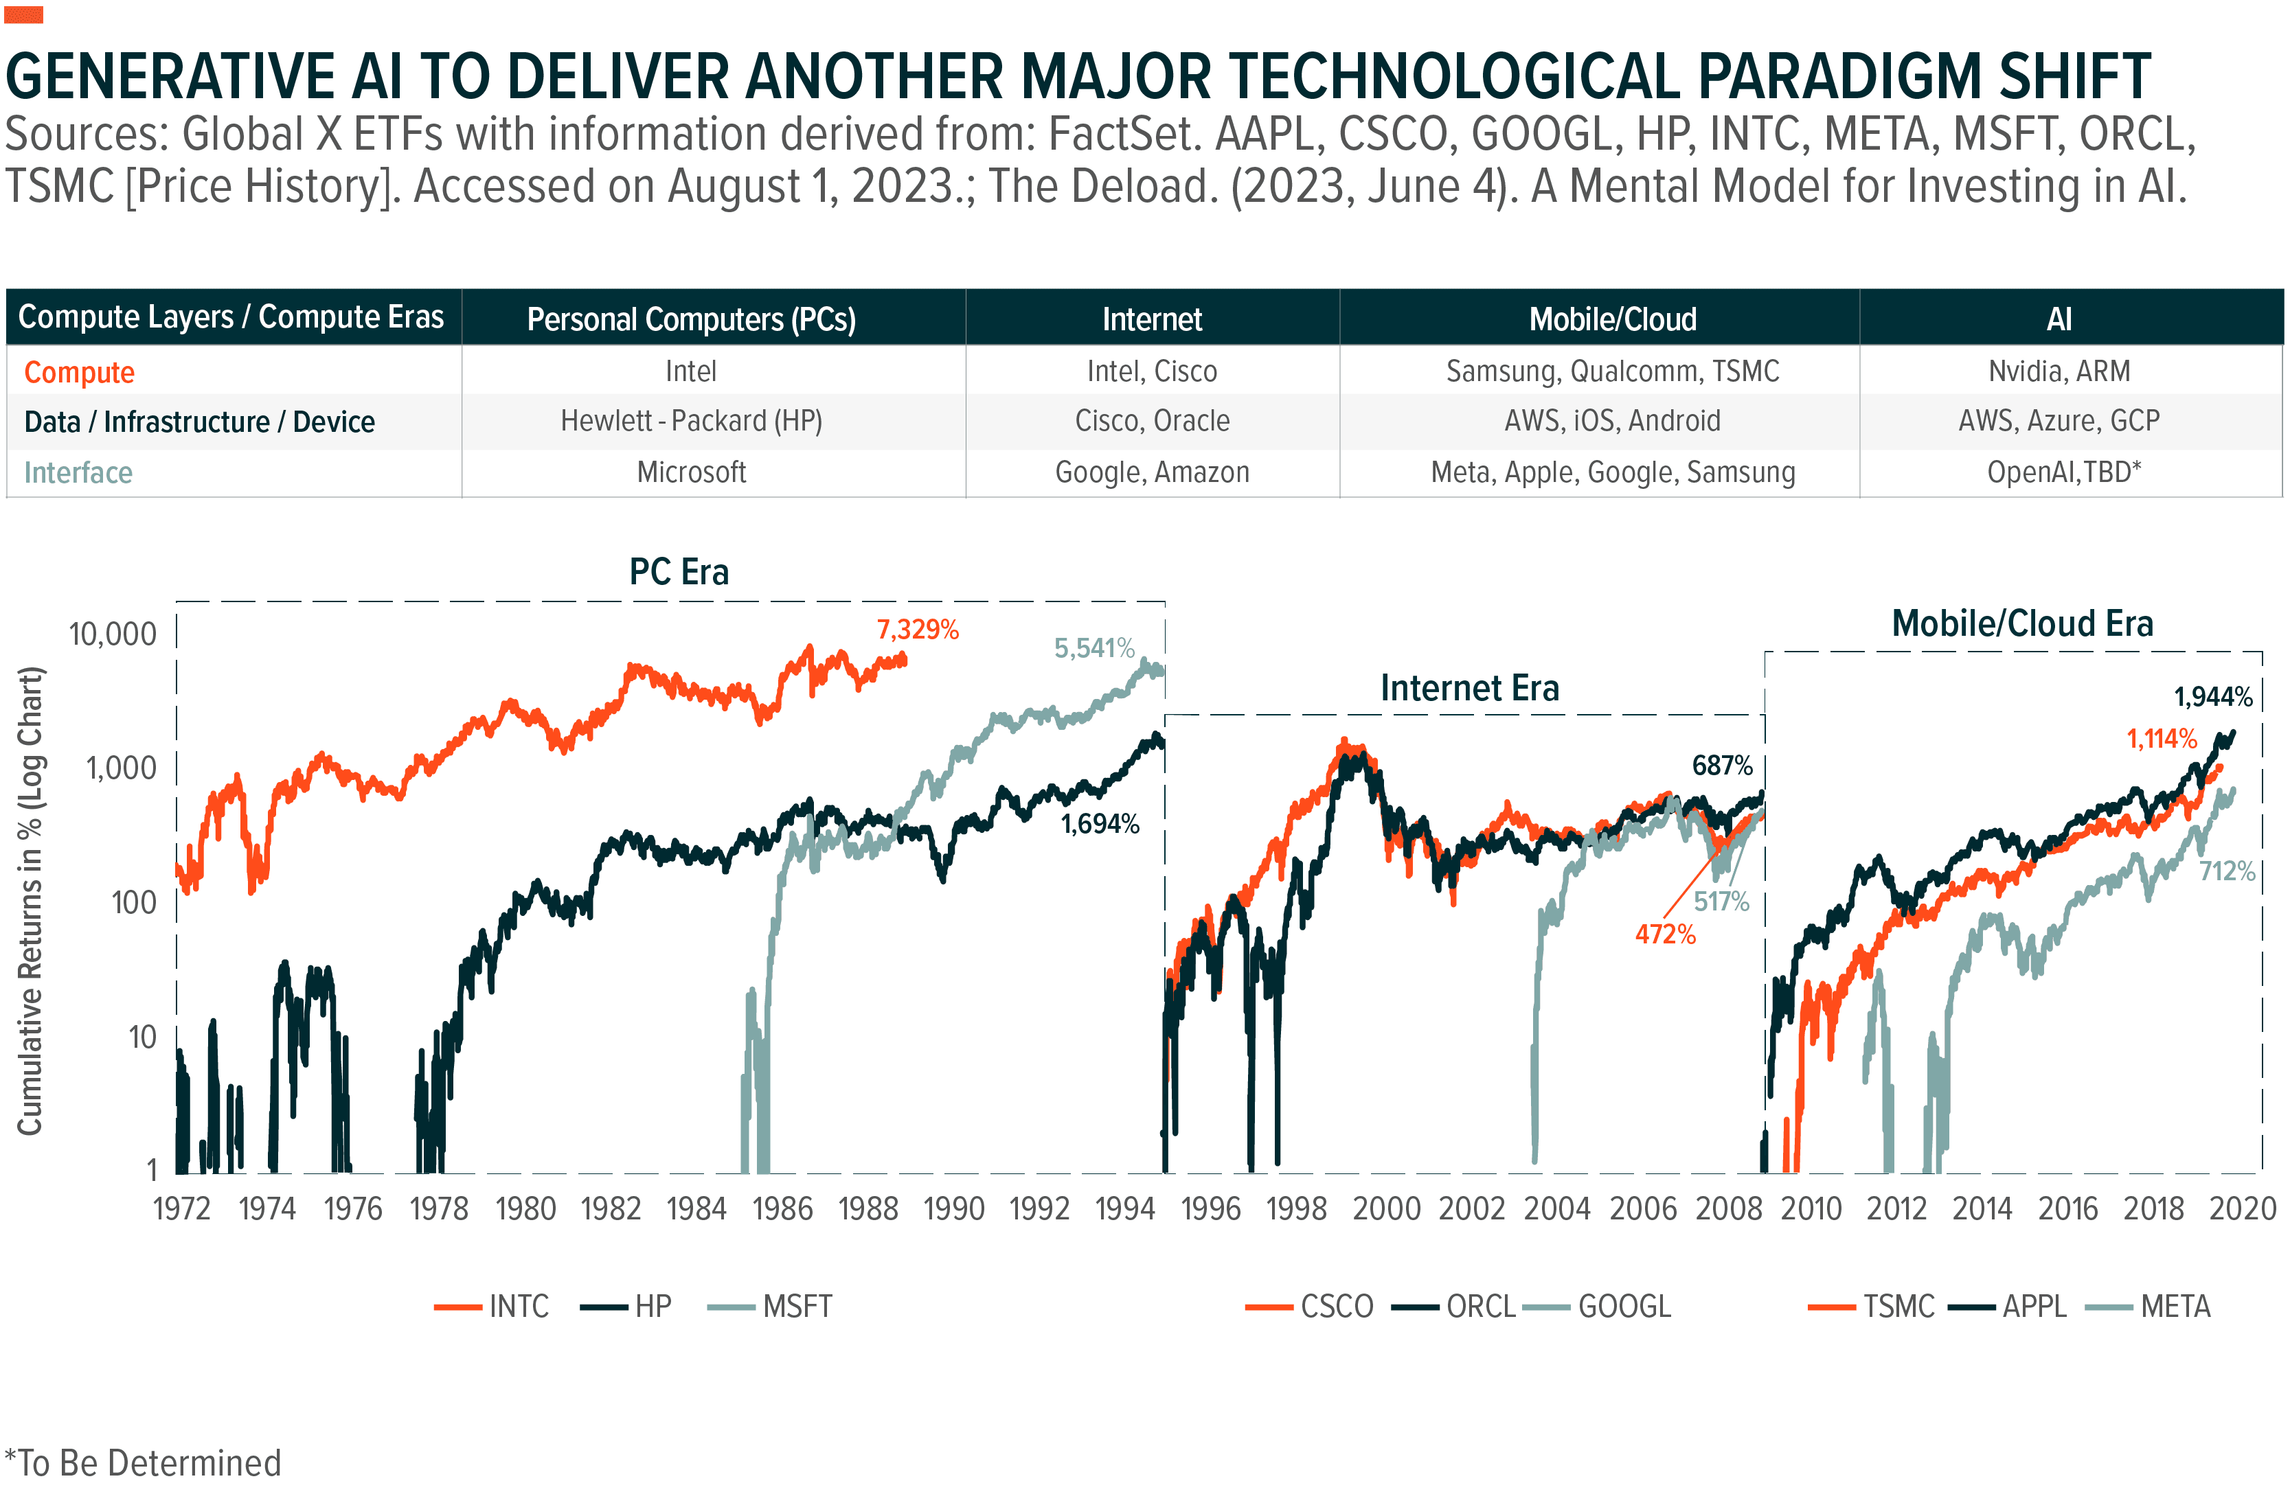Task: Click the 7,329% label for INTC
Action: [x=917, y=630]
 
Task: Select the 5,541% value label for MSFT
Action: [x=1094, y=648]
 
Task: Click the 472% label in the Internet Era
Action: [x=1664, y=934]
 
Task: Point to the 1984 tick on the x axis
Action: [x=696, y=1208]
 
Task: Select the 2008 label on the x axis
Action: [x=1728, y=1208]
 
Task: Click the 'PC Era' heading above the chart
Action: [x=679, y=571]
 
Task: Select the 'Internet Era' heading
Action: [x=1469, y=688]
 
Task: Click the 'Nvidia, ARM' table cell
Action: [x=2059, y=371]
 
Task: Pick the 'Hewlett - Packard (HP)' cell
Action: [x=691, y=422]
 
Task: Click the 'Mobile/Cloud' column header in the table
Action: [x=1613, y=319]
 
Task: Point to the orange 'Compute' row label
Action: [x=79, y=372]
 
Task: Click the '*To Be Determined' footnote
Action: [x=144, y=1463]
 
